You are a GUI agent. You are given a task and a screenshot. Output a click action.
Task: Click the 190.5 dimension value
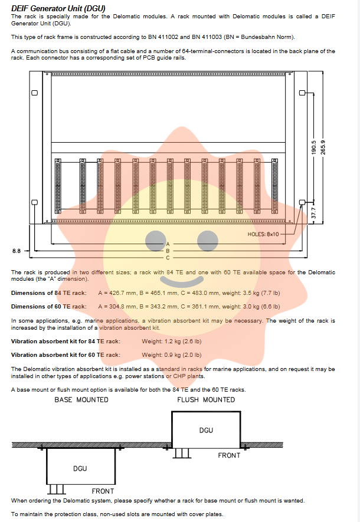point(314,147)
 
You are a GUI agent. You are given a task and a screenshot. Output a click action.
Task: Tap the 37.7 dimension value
point(314,211)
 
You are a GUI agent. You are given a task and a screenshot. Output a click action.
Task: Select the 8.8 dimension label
point(17,251)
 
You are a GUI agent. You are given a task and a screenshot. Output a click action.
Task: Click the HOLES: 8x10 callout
point(263,234)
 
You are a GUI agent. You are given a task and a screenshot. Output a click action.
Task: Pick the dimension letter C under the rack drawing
point(167,258)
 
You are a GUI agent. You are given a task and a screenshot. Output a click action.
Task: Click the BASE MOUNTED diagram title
point(81,400)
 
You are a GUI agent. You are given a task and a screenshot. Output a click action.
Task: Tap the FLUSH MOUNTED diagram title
point(206,400)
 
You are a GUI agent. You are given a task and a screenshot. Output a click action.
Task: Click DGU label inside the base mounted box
point(80,468)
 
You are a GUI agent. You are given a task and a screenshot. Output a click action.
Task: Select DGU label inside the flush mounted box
point(206,430)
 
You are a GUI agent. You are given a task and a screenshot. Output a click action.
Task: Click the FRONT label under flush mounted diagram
point(229,455)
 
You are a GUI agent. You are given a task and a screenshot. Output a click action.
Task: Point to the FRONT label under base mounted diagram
point(103,491)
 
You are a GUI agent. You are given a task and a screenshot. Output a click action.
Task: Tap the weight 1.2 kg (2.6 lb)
point(171,342)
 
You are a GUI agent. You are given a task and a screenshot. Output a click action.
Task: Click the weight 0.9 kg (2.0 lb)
point(171,355)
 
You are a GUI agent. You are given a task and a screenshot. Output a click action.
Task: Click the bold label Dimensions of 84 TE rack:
point(48,293)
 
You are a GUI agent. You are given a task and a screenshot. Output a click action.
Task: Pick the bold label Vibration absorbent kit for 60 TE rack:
point(66,355)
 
